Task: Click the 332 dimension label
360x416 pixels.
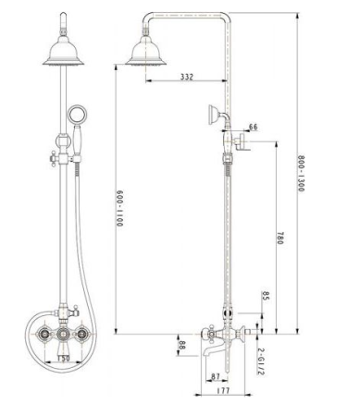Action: [x=187, y=77]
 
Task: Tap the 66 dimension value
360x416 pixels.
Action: [x=253, y=127]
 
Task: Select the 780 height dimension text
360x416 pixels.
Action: [x=279, y=239]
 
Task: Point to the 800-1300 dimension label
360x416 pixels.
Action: [x=301, y=173]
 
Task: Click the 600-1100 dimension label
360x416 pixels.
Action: [x=119, y=208]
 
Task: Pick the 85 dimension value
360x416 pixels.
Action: [x=266, y=296]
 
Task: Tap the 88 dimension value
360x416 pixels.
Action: [x=181, y=345]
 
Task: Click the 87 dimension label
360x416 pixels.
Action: [x=216, y=376]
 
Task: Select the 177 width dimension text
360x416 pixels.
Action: [x=223, y=390]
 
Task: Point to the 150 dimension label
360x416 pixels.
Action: [x=64, y=359]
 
